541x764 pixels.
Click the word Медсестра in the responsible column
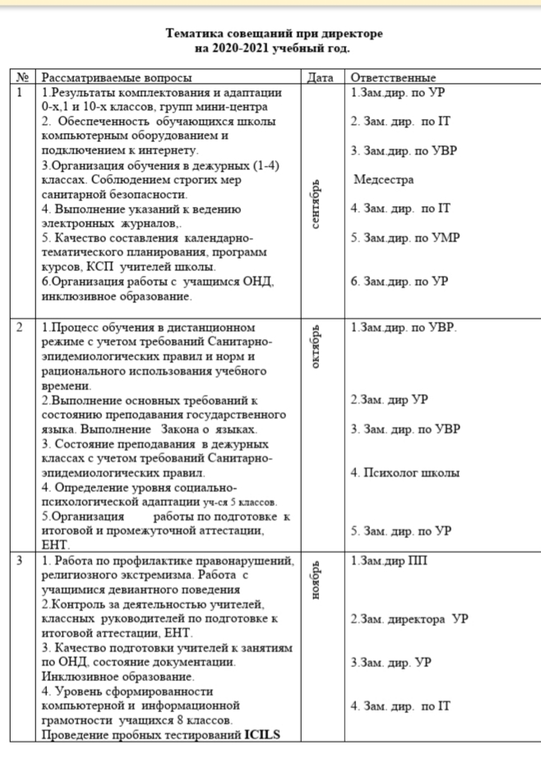(x=384, y=179)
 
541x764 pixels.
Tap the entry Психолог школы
(x=405, y=472)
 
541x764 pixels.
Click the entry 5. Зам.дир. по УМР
(x=405, y=237)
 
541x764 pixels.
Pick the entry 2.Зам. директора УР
(x=409, y=619)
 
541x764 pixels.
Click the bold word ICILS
(x=262, y=734)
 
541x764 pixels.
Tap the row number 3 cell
(x=20, y=561)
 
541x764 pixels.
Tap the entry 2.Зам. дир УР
(x=389, y=399)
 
